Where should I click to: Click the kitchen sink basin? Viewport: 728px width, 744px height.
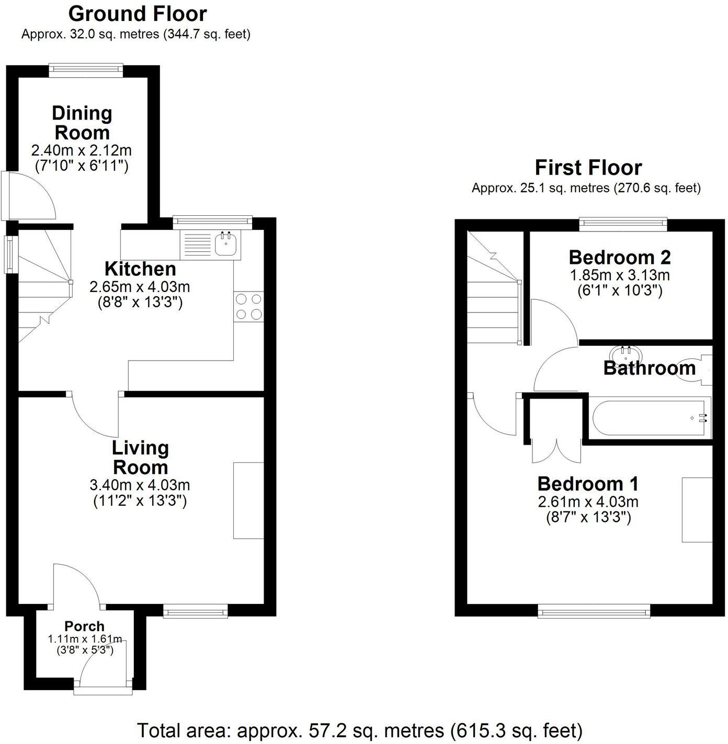click(226, 245)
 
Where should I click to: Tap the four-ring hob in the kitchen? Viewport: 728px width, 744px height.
click(248, 307)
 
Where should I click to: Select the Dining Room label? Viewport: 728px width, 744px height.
click(82, 122)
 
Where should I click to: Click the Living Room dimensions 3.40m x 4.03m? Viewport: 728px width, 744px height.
click(140, 484)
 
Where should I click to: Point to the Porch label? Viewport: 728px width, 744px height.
click(84, 626)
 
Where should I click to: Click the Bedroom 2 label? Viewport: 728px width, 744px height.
click(619, 257)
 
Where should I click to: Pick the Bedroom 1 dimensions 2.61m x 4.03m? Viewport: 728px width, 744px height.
click(588, 502)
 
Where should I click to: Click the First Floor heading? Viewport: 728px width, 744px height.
click(588, 168)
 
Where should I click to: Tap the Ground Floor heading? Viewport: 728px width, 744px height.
click(138, 14)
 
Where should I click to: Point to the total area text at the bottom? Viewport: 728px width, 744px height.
click(359, 730)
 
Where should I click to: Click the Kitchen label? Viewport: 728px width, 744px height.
click(140, 269)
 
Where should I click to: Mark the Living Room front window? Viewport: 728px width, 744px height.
click(195, 610)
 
